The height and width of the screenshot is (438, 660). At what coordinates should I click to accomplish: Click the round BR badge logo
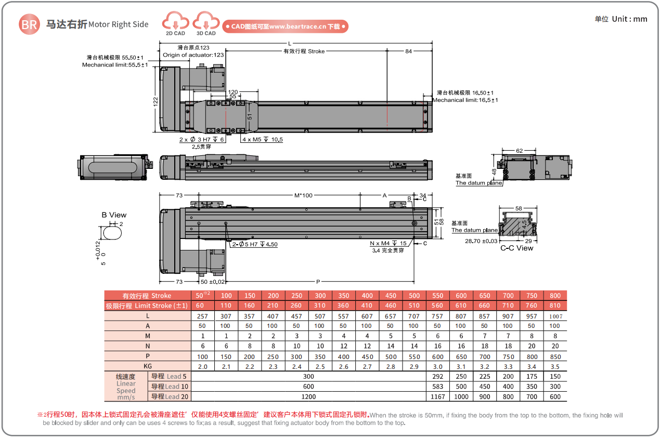[29, 24]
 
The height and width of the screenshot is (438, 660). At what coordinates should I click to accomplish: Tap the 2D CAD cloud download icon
[176, 21]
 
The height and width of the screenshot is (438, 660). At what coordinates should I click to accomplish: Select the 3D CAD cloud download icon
[206, 21]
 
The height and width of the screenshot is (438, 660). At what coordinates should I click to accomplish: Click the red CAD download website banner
[285, 26]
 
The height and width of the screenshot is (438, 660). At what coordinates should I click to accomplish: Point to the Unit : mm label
[629, 19]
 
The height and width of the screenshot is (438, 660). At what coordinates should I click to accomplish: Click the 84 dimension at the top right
[408, 51]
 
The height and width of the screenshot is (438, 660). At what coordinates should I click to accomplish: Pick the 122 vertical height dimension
[156, 101]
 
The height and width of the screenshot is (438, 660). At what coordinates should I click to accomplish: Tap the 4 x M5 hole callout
[262, 140]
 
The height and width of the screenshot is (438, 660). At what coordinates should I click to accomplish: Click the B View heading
[114, 215]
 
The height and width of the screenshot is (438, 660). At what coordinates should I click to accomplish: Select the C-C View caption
[517, 248]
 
